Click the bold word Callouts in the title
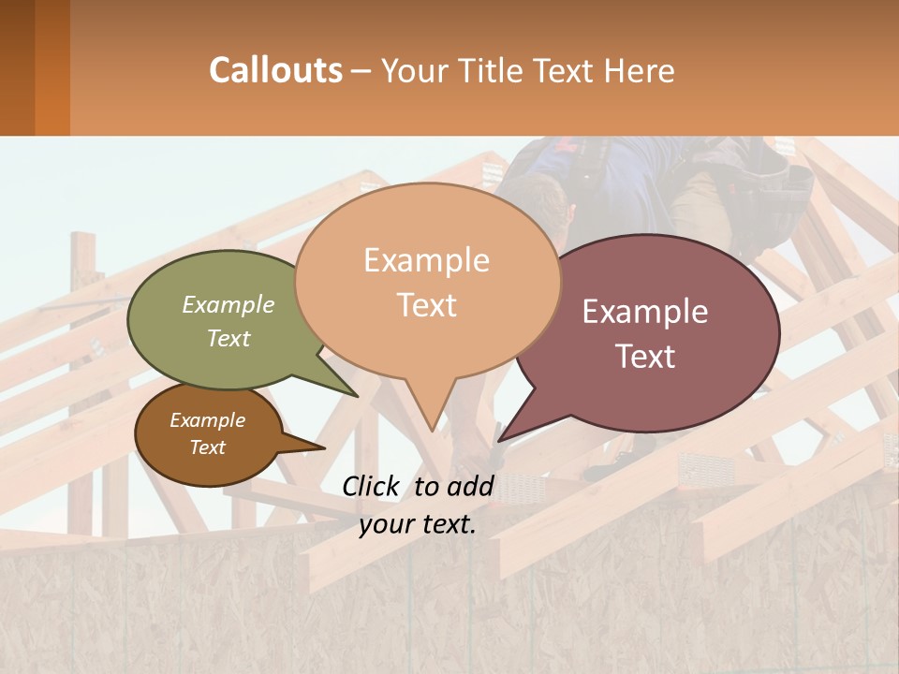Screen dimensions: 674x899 [275, 70]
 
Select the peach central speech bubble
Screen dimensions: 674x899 [427, 281]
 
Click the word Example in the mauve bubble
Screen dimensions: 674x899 [645, 312]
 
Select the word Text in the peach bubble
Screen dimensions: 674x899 [427, 305]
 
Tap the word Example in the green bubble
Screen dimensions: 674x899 [228, 304]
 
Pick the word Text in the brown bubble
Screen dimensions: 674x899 [208, 447]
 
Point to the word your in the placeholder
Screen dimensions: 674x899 [384, 524]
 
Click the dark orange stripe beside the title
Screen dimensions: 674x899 [52, 67]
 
